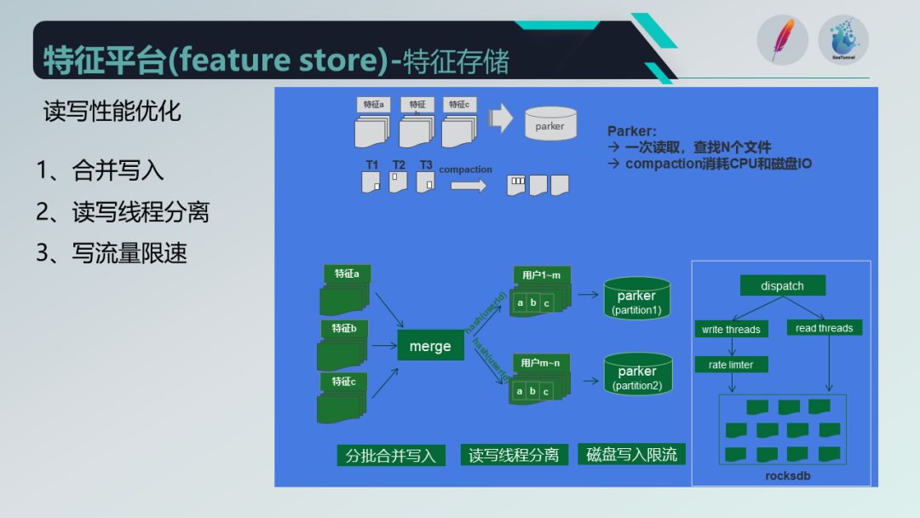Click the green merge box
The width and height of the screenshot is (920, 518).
tap(429, 346)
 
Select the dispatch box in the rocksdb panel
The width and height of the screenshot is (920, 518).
tap(782, 285)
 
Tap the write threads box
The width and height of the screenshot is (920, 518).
tap(731, 329)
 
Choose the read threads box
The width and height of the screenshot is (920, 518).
tap(824, 327)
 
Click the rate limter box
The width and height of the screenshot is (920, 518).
tap(731, 365)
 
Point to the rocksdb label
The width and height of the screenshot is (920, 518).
tap(782, 475)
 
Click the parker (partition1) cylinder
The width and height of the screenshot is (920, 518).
tap(636, 300)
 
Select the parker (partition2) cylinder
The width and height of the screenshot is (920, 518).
tap(637, 376)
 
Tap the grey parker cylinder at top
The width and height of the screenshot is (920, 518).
tap(549, 125)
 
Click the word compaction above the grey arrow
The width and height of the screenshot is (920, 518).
tap(465, 170)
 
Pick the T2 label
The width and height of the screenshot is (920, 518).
tap(399, 165)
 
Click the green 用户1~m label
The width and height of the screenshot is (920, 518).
tap(542, 274)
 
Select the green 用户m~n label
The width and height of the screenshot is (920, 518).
tap(541, 363)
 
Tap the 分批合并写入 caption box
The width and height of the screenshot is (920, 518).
tap(391, 456)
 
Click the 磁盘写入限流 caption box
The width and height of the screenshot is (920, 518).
tap(631, 454)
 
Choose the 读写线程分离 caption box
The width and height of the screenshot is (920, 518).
tap(514, 456)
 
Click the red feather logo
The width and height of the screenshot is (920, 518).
tap(781, 40)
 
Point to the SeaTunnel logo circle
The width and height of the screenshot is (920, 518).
tap(842, 40)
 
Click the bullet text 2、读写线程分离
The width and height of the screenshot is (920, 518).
tap(123, 212)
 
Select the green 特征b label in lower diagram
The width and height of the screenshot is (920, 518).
tap(344, 328)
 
